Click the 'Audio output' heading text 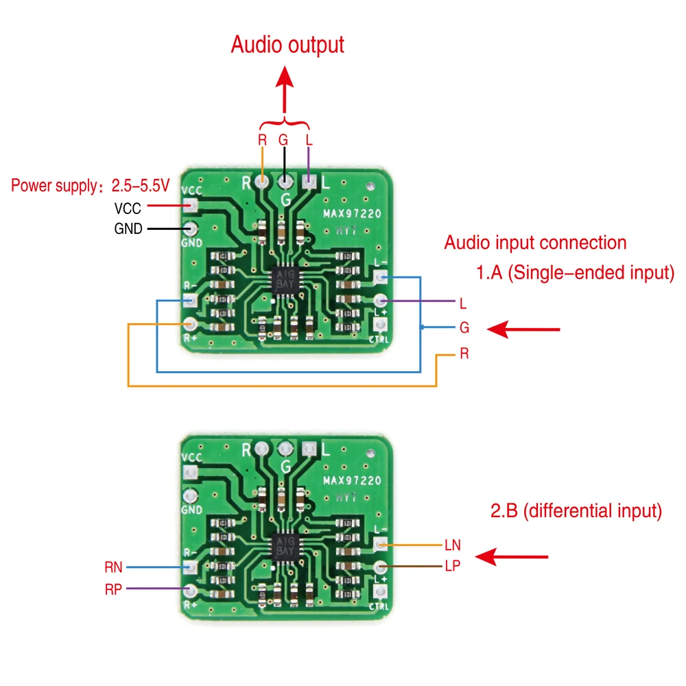tap(287, 45)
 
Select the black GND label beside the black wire tap(128, 229)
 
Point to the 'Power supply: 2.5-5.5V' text tap(91, 186)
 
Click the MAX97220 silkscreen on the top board tap(352, 214)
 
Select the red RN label tap(113, 567)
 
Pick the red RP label tap(113, 589)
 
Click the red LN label tap(452, 545)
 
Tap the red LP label tap(452, 566)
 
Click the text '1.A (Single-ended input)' tap(575, 273)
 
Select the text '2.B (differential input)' tap(575, 510)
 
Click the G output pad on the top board tap(284, 182)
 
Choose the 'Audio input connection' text tap(535, 243)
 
